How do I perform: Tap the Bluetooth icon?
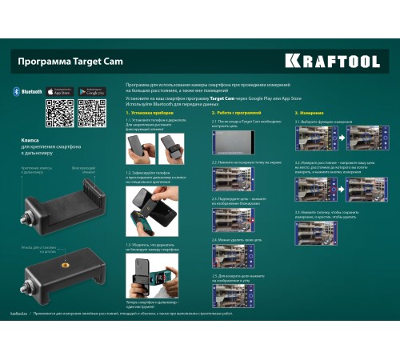16,92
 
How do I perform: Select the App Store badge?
60,92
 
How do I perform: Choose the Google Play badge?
93,92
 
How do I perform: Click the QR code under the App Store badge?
60,114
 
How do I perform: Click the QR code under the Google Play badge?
93,114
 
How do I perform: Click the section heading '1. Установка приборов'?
150,114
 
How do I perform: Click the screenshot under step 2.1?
233,142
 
